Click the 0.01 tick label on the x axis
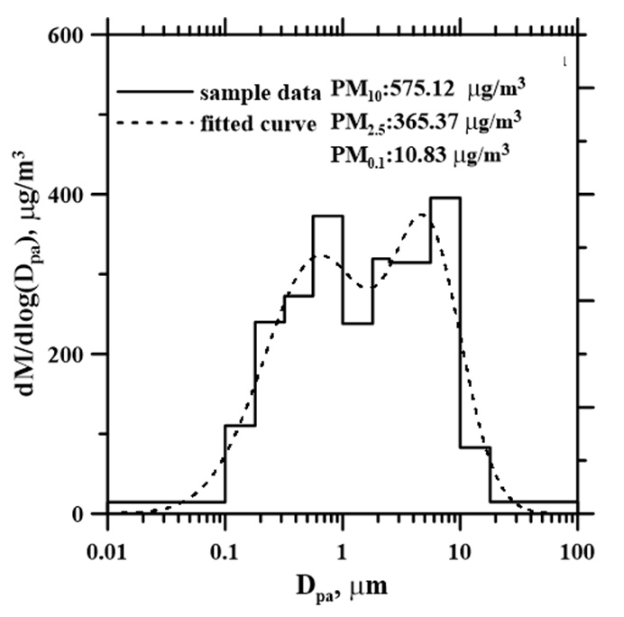107,549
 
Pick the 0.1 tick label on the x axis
225,549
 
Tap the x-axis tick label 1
342,549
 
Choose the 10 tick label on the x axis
460,549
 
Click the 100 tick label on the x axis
576,549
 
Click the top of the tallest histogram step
445,198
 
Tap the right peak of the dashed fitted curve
422,215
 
